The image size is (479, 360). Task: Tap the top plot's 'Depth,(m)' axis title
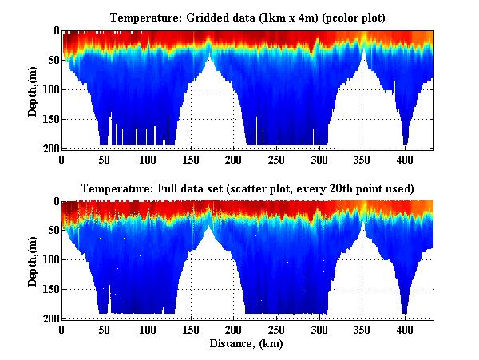33,90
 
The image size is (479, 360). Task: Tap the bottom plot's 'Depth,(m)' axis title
33,260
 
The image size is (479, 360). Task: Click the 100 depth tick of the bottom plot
49,260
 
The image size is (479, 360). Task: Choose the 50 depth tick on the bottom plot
52,231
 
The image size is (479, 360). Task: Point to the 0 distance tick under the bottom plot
62,330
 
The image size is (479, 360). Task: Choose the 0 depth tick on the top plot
54,31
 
